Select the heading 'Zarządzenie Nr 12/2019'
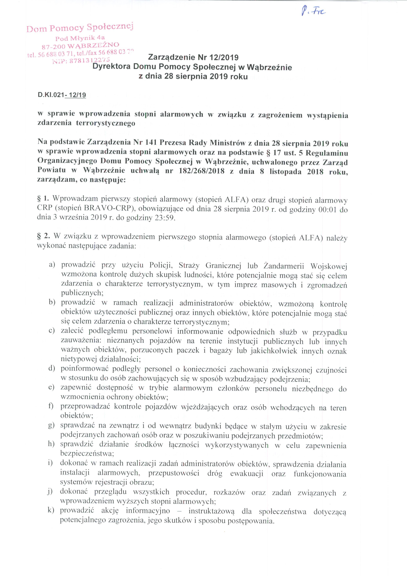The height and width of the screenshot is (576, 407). pyautogui.click(x=193, y=58)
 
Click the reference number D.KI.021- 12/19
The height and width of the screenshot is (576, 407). pyautogui.click(x=62, y=95)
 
